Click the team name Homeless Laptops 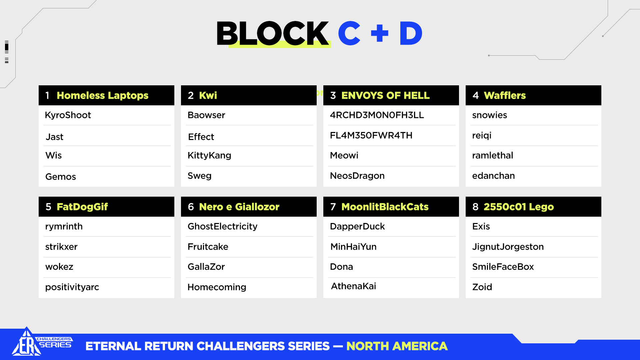click(x=102, y=95)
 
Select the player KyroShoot click(x=68, y=115)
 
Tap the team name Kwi click(x=208, y=95)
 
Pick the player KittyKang click(x=209, y=155)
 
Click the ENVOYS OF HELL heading click(x=385, y=95)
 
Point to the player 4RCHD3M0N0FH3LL click(x=377, y=115)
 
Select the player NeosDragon click(x=357, y=176)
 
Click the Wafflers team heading click(x=505, y=95)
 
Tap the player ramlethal click(x=492, y=155)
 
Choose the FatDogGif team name click(x=82, y=207)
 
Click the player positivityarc click(x=72, y=287)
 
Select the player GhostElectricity click(x=222, y=226)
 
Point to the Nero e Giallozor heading click(x=239, y=207)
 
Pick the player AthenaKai click(x=353, y=286)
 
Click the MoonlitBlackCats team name click(x=385, y=207)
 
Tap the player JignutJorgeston click(x=508, y=247)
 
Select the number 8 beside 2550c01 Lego click(x=475, y=207)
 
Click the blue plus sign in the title click(x=380, y=33)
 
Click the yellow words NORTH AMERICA click(x=397, y=346)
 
